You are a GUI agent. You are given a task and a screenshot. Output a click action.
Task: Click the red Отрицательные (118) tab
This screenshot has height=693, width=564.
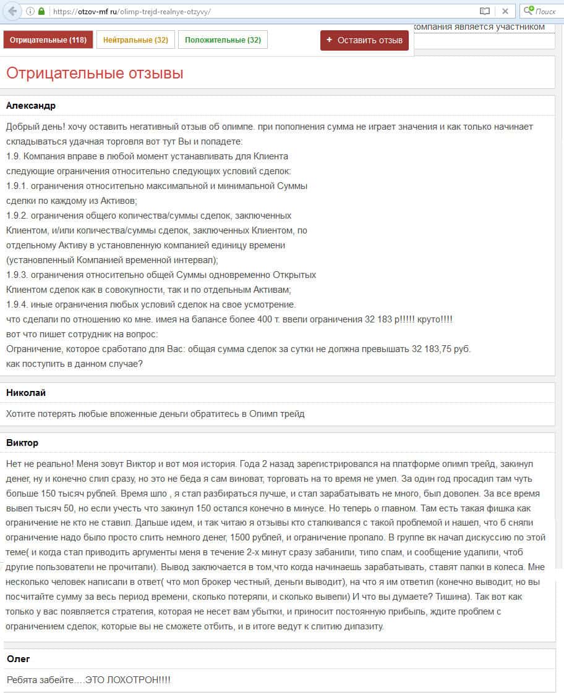click(x=48, y=40)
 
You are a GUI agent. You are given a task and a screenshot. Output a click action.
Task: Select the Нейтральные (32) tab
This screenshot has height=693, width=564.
click(x=135, y=40)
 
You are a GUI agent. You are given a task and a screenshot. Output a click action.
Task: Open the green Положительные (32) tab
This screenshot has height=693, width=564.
click(x=223, y=40)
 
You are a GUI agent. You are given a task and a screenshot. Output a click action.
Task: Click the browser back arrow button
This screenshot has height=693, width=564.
click(x=12, y=11)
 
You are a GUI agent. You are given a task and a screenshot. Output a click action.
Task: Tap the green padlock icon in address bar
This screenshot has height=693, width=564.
click(x=41, y=11)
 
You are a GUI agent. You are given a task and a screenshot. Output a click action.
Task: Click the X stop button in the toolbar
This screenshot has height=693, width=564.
click(x=505, y=11)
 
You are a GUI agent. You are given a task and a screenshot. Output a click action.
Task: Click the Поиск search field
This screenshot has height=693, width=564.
click(x=545, y=11)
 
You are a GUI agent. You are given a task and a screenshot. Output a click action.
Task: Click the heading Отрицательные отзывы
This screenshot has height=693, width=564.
click(x=95, y=73)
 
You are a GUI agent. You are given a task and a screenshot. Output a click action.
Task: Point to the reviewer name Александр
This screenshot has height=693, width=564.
click(x=31, y=106)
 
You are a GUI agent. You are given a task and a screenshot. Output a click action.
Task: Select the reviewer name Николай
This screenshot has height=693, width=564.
click(x=26, y=393)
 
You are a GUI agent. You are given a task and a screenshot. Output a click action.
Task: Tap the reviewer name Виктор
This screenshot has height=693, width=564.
click(x=22, y=443)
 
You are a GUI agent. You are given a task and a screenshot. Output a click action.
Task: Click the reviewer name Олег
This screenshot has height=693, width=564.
click(x=19, y=659)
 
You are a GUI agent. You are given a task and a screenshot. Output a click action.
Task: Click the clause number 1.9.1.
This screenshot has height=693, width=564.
click(x=16, y=186)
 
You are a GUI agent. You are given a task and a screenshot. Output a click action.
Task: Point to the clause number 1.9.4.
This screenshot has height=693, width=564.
click(x=16, y=304)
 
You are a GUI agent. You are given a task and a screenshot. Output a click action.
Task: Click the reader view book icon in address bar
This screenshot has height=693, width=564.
click(x=485, y=11)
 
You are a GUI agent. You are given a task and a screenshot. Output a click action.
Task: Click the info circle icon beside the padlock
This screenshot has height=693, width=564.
click(x=30, y=11)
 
